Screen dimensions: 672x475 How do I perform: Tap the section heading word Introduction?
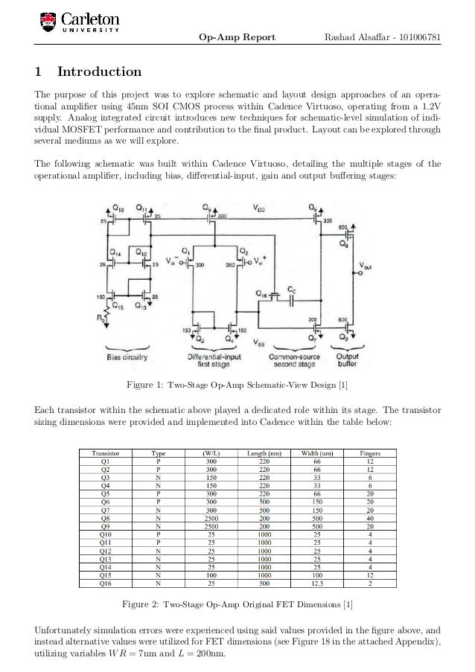pos(100,72)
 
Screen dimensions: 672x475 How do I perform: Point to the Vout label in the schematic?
pos(367,266)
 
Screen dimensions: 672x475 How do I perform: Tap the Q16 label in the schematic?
pos(261,295)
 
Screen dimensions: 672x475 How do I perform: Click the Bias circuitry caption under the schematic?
pos(127,356)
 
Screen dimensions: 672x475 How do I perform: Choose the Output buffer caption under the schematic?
pos(347,360)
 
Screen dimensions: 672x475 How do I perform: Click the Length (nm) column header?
pos(255,452)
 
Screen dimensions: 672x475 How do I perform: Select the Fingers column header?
pos(370,452)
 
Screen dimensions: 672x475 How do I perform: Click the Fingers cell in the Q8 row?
pos(370,518)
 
